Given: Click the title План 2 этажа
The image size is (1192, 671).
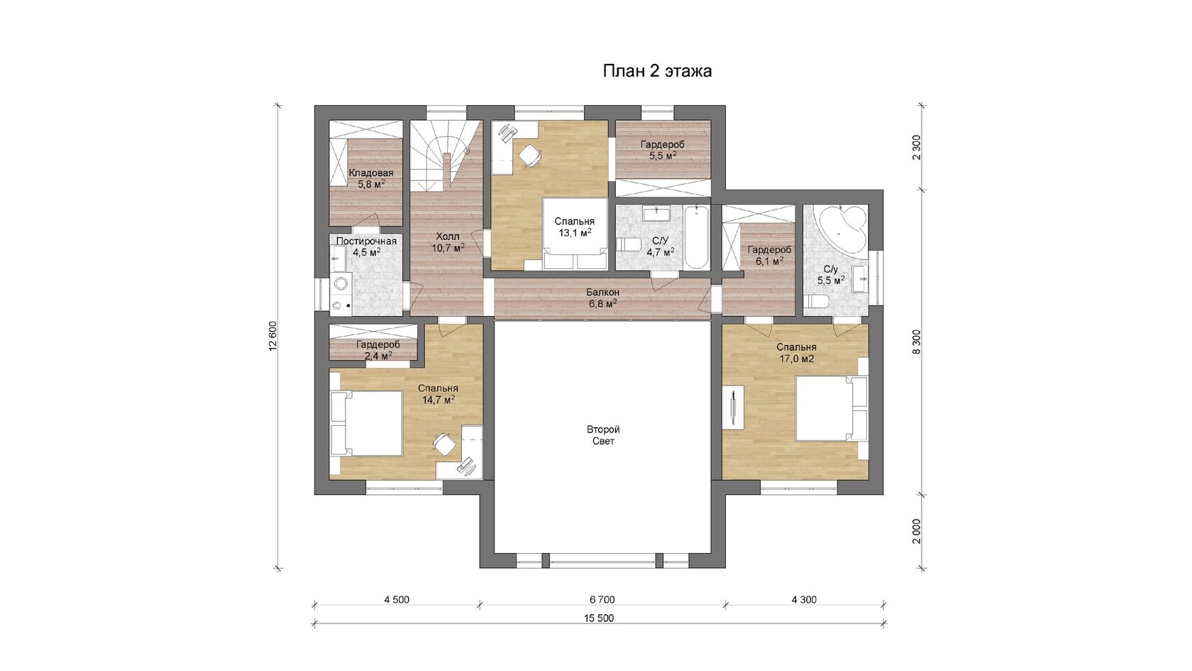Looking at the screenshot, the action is (657, 71).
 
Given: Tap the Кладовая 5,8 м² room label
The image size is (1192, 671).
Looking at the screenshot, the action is (371, 178).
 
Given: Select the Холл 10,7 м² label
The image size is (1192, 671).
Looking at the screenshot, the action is (448, 241).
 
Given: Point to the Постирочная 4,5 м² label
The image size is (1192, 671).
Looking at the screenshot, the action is (367, 246).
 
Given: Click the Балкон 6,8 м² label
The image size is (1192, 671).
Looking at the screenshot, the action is (603, 298).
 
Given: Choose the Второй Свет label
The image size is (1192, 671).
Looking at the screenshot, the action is (603, 435).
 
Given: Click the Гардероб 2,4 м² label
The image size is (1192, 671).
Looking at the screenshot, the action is (378, 350).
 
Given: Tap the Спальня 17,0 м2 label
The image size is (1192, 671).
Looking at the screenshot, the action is (797, 353).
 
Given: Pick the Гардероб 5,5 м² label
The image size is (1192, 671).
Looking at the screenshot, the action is (663, 150).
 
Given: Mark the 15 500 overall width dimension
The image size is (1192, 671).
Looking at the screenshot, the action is (599, 618).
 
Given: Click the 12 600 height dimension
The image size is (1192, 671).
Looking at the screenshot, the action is (273, 337).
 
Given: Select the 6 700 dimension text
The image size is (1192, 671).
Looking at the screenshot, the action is (602, 599).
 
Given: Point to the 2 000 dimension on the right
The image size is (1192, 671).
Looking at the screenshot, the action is (916, 531).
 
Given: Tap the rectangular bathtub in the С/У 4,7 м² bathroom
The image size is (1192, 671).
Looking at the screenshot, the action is (697, 237).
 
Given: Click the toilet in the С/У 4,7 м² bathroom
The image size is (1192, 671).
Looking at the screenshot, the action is (629, 244).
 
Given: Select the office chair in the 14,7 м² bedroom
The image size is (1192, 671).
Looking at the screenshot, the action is (444, 444).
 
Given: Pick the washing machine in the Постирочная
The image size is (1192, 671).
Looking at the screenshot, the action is (340, 284).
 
